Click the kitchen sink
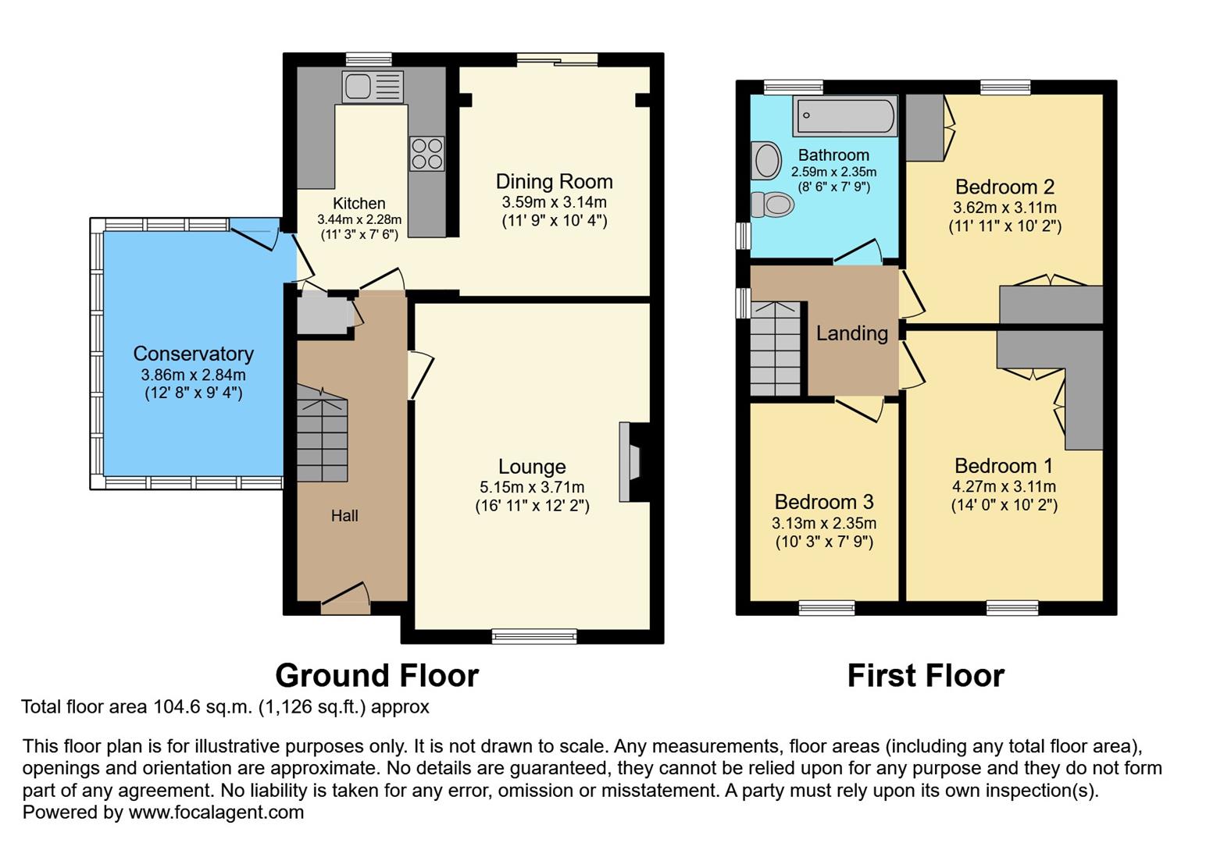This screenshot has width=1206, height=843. click(x=373, y=87)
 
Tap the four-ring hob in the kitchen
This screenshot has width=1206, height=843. click(x=426, y=153)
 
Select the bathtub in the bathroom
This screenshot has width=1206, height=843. click(x=844, y=116)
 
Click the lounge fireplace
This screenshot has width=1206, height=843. click(x=630, y=461)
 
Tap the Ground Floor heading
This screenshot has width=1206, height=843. click(x=376, y=675)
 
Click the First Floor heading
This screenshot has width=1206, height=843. click(x=926, y=675)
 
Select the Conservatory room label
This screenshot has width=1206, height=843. click(x=193, y=354)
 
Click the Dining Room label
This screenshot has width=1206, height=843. click(x=554, y=182)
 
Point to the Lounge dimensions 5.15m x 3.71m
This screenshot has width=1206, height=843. click(x=532, y=487)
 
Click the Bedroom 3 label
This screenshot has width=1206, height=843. click(x=824, y=502)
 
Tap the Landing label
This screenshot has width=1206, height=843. click(x=851, y=333)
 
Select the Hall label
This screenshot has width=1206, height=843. click(x=344, y=515)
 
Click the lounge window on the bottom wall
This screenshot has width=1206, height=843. click(x=534, y=636)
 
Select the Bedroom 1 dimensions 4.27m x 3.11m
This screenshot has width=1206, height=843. click(x=1004, y=486)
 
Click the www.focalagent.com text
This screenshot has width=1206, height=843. click(x=216, y=812)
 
